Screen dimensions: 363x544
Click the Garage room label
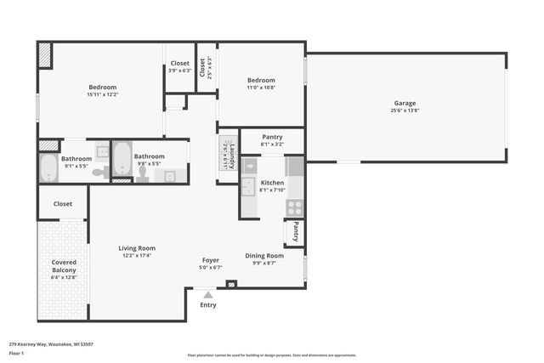(405, 103)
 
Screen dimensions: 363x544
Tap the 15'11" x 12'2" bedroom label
(103, 87)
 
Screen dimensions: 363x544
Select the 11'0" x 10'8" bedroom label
(261, 81)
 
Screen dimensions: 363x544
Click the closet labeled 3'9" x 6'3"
(180, 63)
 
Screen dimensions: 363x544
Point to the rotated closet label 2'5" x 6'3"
(202, 68)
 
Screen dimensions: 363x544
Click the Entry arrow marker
(208, 294)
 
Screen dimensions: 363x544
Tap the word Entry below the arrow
(208, 304)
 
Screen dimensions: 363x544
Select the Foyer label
(210, 260)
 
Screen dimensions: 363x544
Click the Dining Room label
(264, 255)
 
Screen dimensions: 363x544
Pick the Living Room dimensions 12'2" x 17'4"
(137, 255)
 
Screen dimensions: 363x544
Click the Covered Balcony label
(64, 268)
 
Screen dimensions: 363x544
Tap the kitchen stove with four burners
(295, 206)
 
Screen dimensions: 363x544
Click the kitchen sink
(248, 186)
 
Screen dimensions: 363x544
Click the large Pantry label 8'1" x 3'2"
(272, 137)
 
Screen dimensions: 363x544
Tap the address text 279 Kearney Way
(51, 344)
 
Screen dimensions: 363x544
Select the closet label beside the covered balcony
(63, 204)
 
